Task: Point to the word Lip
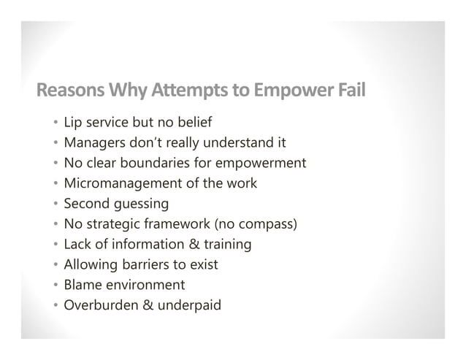click(73, 121)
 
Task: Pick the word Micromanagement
click(120, 183)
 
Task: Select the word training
click(224, 244)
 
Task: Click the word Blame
click(84, 285)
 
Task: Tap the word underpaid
click(189, 305)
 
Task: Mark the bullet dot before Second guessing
click(56, 204)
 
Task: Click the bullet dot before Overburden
click(56, 305)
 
